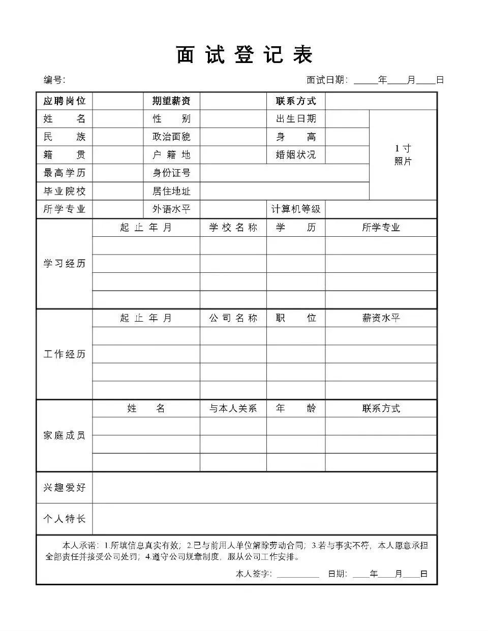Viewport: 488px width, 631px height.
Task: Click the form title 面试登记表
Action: pyautogui.click(x=245, y=55)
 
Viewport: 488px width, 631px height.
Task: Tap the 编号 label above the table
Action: pyautogui.click(x=54, y=80)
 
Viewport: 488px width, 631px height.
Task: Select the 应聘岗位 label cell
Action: pyautogui.click(x=65, y=101)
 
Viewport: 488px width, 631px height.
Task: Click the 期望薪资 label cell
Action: pyautogui.click(x=171, y=101)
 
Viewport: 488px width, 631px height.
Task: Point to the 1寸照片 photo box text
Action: pyautogui.click(x=403, y=155)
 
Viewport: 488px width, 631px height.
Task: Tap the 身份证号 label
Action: pyautogui.click(x=171, y=173)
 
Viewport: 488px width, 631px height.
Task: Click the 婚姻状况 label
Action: pyautogui.click(x=296, y=155)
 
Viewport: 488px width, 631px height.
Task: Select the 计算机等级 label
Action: pyautogui.click(x=296, y=209)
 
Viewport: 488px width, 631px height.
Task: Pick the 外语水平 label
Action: pyautogui.click(x=171, y=209)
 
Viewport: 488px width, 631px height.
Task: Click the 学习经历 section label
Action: pyautogui.click(x=65, y=264)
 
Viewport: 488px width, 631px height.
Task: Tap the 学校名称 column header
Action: pyautogui.click(x=233, y=228)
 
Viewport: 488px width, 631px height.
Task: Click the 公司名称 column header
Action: pyautogui.click(x=233, y=318)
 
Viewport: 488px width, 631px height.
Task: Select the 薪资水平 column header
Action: pyautogui.click(x=381, y=318)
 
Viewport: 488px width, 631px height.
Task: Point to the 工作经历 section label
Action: pyautogui.click(x=65, y=354)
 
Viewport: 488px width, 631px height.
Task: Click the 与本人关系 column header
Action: pyautogui.click(x=233, y=408)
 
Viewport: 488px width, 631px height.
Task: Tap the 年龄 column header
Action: pyautogui.click(x=296, y=408)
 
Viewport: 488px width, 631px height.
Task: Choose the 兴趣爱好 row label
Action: pyautogui.click(x=65, y=488)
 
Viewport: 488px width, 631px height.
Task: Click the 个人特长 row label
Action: pyautogui.click(x=65, y=519)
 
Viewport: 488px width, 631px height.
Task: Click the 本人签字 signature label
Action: pyautogui.click(x=254, y=574)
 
